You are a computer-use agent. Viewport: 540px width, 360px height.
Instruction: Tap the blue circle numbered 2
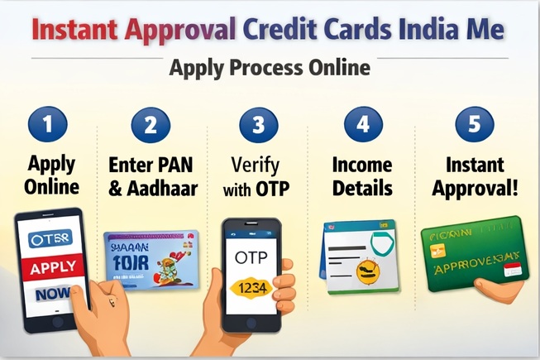coord(151,126)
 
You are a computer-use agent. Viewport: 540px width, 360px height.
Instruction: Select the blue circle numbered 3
coord(258,126)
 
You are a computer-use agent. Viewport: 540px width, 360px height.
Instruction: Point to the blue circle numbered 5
coord(474,126)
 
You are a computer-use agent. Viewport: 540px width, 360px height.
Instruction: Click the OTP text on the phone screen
coord(252,258)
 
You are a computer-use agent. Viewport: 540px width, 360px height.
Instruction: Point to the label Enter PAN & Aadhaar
coord(153,175)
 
